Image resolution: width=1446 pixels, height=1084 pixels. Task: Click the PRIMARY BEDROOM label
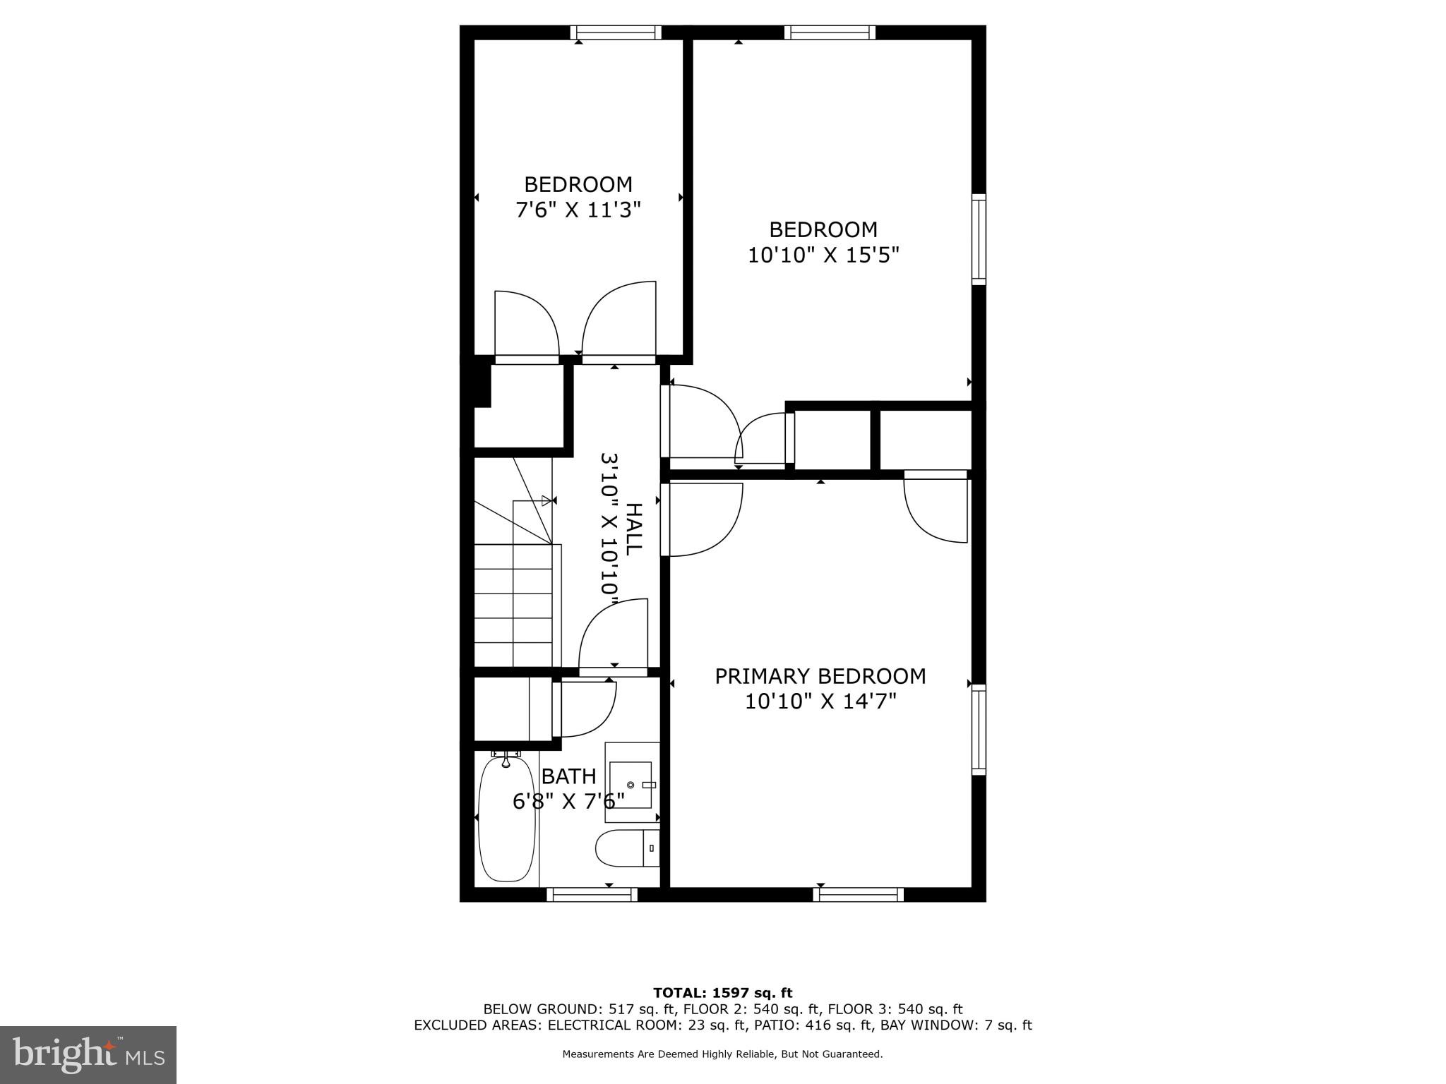point(820,676)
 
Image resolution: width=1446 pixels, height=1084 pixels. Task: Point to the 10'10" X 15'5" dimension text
point(823,255)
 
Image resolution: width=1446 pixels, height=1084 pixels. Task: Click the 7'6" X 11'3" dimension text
point(578,210)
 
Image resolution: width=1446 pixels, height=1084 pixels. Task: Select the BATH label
point(568,776)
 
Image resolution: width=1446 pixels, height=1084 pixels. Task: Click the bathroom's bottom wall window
point(592,895)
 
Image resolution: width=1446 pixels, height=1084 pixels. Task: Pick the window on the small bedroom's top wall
point(616,32)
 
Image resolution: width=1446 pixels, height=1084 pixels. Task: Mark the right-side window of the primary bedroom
point(979,730)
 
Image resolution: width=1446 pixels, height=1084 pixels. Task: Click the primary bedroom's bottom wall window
point(858,895)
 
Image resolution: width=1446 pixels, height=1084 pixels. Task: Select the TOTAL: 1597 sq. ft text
point(722,993)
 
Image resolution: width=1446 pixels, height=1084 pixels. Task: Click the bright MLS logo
point(88,1054)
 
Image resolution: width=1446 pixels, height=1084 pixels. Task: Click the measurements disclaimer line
point(722,1054)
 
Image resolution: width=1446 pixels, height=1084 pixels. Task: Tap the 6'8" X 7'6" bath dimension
point(568,801)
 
